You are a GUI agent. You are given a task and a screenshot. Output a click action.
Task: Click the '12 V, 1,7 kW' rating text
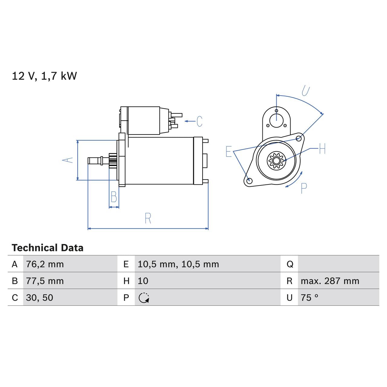coord(44,76)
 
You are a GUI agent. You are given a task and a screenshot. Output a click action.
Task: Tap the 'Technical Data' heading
coord(47,248)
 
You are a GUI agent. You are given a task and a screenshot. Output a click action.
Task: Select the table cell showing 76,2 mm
coord(45,264)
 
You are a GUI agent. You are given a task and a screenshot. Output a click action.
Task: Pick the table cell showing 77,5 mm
coord(45,281)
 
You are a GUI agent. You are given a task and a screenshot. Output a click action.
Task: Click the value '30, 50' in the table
coord(39,298)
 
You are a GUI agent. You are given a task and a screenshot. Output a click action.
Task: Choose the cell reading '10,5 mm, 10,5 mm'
coord(178,264)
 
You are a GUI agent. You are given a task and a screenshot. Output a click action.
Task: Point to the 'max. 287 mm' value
coord(330,281)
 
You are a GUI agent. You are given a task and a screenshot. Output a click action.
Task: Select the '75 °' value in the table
coord(309,298)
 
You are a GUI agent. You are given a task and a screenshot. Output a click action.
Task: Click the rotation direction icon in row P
coord(144,298)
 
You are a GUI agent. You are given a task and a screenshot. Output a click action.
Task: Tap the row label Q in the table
coord(289,264)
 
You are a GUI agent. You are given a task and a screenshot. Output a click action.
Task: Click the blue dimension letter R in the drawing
coord(148,218)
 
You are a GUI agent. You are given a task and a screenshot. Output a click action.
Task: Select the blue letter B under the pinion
coord(114,197)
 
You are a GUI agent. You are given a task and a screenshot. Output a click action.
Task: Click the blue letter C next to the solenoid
coord(199,121)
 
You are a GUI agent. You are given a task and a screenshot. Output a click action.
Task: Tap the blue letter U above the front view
coord(306,90)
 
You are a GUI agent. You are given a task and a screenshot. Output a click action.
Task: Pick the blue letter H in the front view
coord(322,149)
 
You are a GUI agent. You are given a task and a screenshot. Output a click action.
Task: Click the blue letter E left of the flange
coord(229,151)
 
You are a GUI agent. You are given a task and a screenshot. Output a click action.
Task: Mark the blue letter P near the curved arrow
coord(304,188)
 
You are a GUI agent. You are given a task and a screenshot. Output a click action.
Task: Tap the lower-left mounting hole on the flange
coord(249,181)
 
